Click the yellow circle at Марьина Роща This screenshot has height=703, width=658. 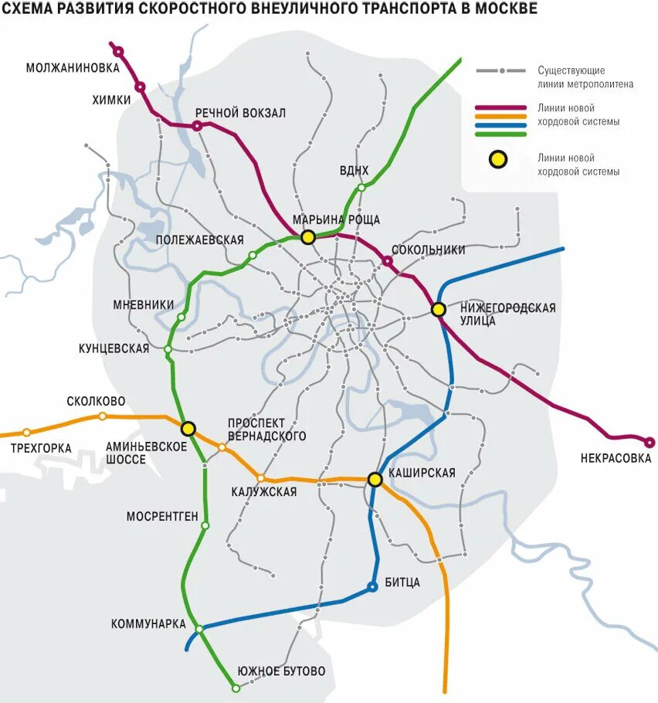coord(308,237)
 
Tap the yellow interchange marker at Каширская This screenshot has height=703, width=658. coord(375,480)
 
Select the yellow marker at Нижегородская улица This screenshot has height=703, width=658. coord(439,309)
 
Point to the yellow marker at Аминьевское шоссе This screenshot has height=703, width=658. coord(188,428)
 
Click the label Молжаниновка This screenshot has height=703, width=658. coord(73,67)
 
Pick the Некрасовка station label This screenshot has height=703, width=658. coord(616,458)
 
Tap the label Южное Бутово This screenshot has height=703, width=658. coord(281,671)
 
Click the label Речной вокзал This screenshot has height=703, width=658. coord(240,113)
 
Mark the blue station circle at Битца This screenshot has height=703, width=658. coord(372,586)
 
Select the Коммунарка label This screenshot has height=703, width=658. coord(148,623)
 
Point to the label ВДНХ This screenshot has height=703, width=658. coord(354,170)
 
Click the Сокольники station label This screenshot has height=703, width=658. coord(429,250)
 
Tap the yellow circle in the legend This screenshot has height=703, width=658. coord(500,160)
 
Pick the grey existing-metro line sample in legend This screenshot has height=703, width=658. coord(501,71)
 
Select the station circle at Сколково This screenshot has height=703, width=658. coord(103,416)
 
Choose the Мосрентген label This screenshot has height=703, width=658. coord(162,516)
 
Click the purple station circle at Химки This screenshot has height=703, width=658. coord(140,87)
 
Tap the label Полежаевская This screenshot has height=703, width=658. coord(199,240)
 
